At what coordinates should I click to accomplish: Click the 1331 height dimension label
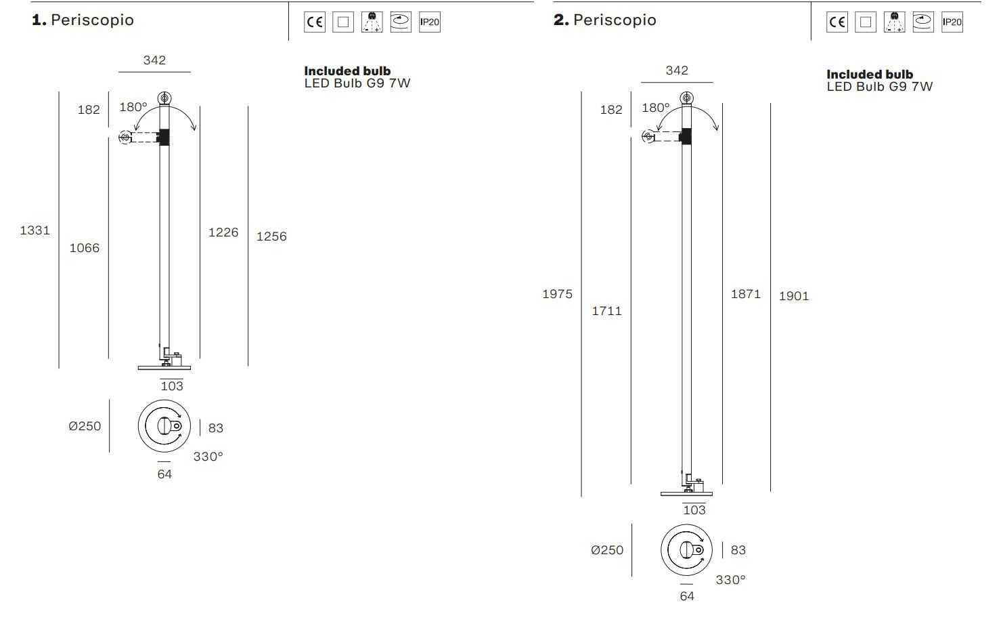click(x=35, y=230)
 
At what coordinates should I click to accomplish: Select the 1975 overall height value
click(x=558, y=294)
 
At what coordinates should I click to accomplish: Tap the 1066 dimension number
click(x=85, y=248)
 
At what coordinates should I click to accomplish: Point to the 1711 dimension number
click(x=606, y=311)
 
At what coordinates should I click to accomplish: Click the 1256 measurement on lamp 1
click(x=271, y=236)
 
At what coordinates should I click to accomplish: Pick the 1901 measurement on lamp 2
click(x=794, y=296)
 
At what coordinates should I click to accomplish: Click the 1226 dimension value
click(x=223, y=232)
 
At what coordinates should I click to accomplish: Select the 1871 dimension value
click(x=746, y=294)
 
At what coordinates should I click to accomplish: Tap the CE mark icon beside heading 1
click(x=314, y=22)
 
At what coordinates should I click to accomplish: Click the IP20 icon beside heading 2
click(x=952, y=22)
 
